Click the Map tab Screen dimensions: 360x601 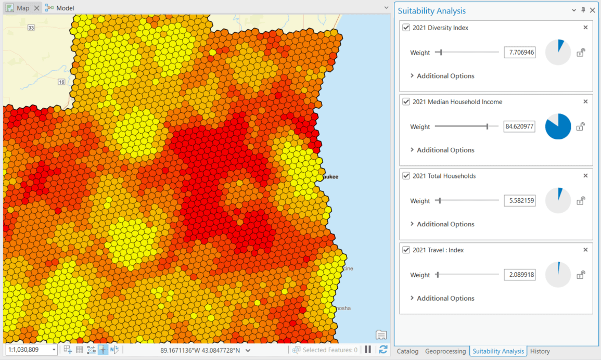tap(22, 8)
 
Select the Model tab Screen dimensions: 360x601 tap(65, 8)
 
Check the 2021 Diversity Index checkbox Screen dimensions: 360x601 tap(406, 28)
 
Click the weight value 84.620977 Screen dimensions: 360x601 tap(519, 126)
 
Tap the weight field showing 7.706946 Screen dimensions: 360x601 tap(519, 53)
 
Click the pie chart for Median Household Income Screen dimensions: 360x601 tap(558, 126)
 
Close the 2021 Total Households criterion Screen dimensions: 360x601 tap(585, 176)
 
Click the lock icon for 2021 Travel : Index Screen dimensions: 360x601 tap(581, 275)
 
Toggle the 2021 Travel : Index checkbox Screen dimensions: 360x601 tap(406, 250)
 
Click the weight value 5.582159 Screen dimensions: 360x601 tap(519, 201)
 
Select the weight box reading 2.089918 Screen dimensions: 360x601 tap(519, 275)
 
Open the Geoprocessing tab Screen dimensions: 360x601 tap(445, 351)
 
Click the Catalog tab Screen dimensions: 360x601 tap(407, 351)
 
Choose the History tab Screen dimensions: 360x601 tap(540, 351)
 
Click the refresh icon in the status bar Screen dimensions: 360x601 tap(383, 350)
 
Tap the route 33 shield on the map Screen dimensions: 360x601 tap(31, 28)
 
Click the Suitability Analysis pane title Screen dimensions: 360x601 tap(431, 11)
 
